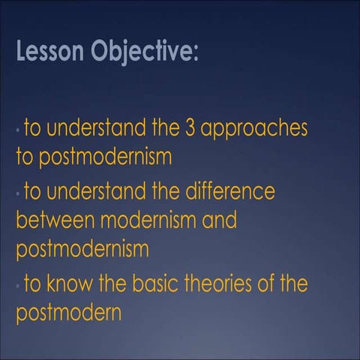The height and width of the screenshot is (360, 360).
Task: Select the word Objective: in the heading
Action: [142, 52]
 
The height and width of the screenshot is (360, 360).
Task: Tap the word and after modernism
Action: [217, 221]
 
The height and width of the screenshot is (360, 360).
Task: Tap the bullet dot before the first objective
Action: [19, 131]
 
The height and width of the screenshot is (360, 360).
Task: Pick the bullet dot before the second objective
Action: [19, 195]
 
